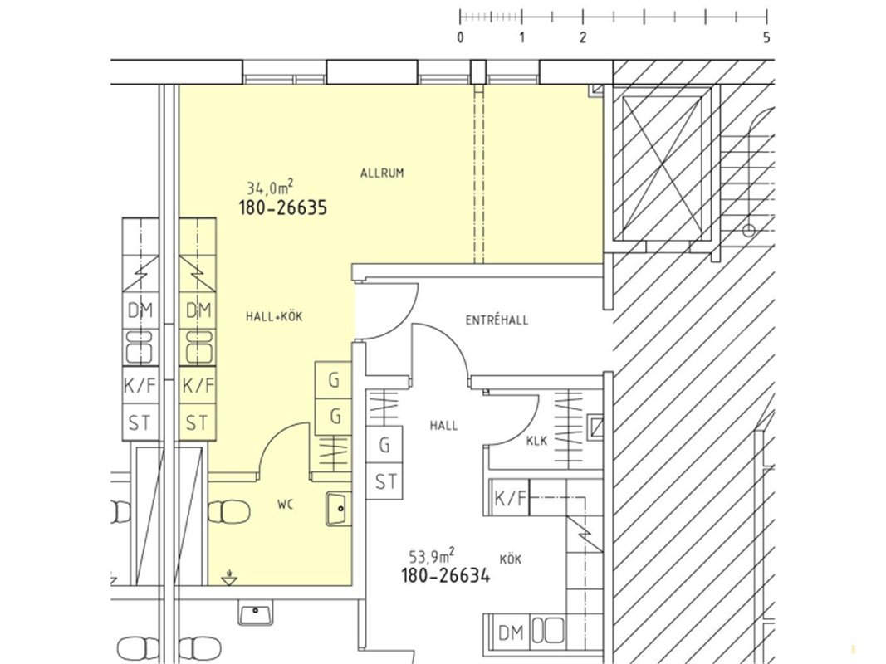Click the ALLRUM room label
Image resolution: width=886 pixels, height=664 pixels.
[x=382, y=173]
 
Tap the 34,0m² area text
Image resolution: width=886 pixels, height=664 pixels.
[x=270, y=187]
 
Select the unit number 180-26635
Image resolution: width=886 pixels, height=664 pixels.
[x=283, y=207]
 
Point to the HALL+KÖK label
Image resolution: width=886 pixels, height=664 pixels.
[x=274, y=316]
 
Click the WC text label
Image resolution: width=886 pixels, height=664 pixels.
[x=286, y=505]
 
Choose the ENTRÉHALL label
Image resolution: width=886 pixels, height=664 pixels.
[x=497, y=320]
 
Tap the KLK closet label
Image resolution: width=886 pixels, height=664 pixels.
[x=536, y=441]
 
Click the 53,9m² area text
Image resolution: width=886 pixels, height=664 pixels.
[x=433, y=557]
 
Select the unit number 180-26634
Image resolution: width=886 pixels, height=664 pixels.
[x=446, y=576]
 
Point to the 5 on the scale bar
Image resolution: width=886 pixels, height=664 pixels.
[x=766, y=38]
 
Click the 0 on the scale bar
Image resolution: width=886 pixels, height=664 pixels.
[x=461, y=38]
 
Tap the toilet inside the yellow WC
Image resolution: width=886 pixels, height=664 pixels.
[x=229, y=512]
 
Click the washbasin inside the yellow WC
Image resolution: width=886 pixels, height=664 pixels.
[x=339, y=508]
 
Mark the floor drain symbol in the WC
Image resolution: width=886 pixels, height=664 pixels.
[x=229, y=578]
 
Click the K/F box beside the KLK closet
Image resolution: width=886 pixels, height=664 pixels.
[x=510, y=497]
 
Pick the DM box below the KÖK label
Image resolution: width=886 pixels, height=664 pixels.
[x=511, y=633]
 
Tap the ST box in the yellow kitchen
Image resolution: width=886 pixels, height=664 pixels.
[x=197, y=422]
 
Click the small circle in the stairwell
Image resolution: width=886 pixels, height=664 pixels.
[x=749, y=231]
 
